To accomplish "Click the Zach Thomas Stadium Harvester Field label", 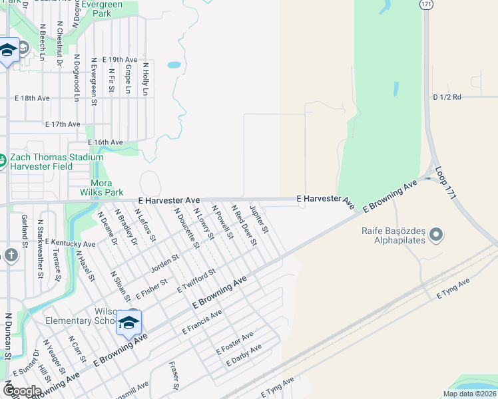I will (57, 162).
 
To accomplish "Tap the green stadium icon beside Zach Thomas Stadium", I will (3, 160).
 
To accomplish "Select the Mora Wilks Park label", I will (107, 188).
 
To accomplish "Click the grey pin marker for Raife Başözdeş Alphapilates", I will (436, 234).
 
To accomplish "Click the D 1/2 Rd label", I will (447, 97).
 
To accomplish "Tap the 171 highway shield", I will (427, 4).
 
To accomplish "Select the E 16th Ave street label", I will (105, 142).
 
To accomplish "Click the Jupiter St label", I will (259, 219).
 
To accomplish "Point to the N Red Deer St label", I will (244, 225).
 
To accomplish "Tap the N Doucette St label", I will (187, 228).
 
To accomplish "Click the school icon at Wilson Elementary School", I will (128, 323).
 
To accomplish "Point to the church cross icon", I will (11, 255).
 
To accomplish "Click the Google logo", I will (22, 390).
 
